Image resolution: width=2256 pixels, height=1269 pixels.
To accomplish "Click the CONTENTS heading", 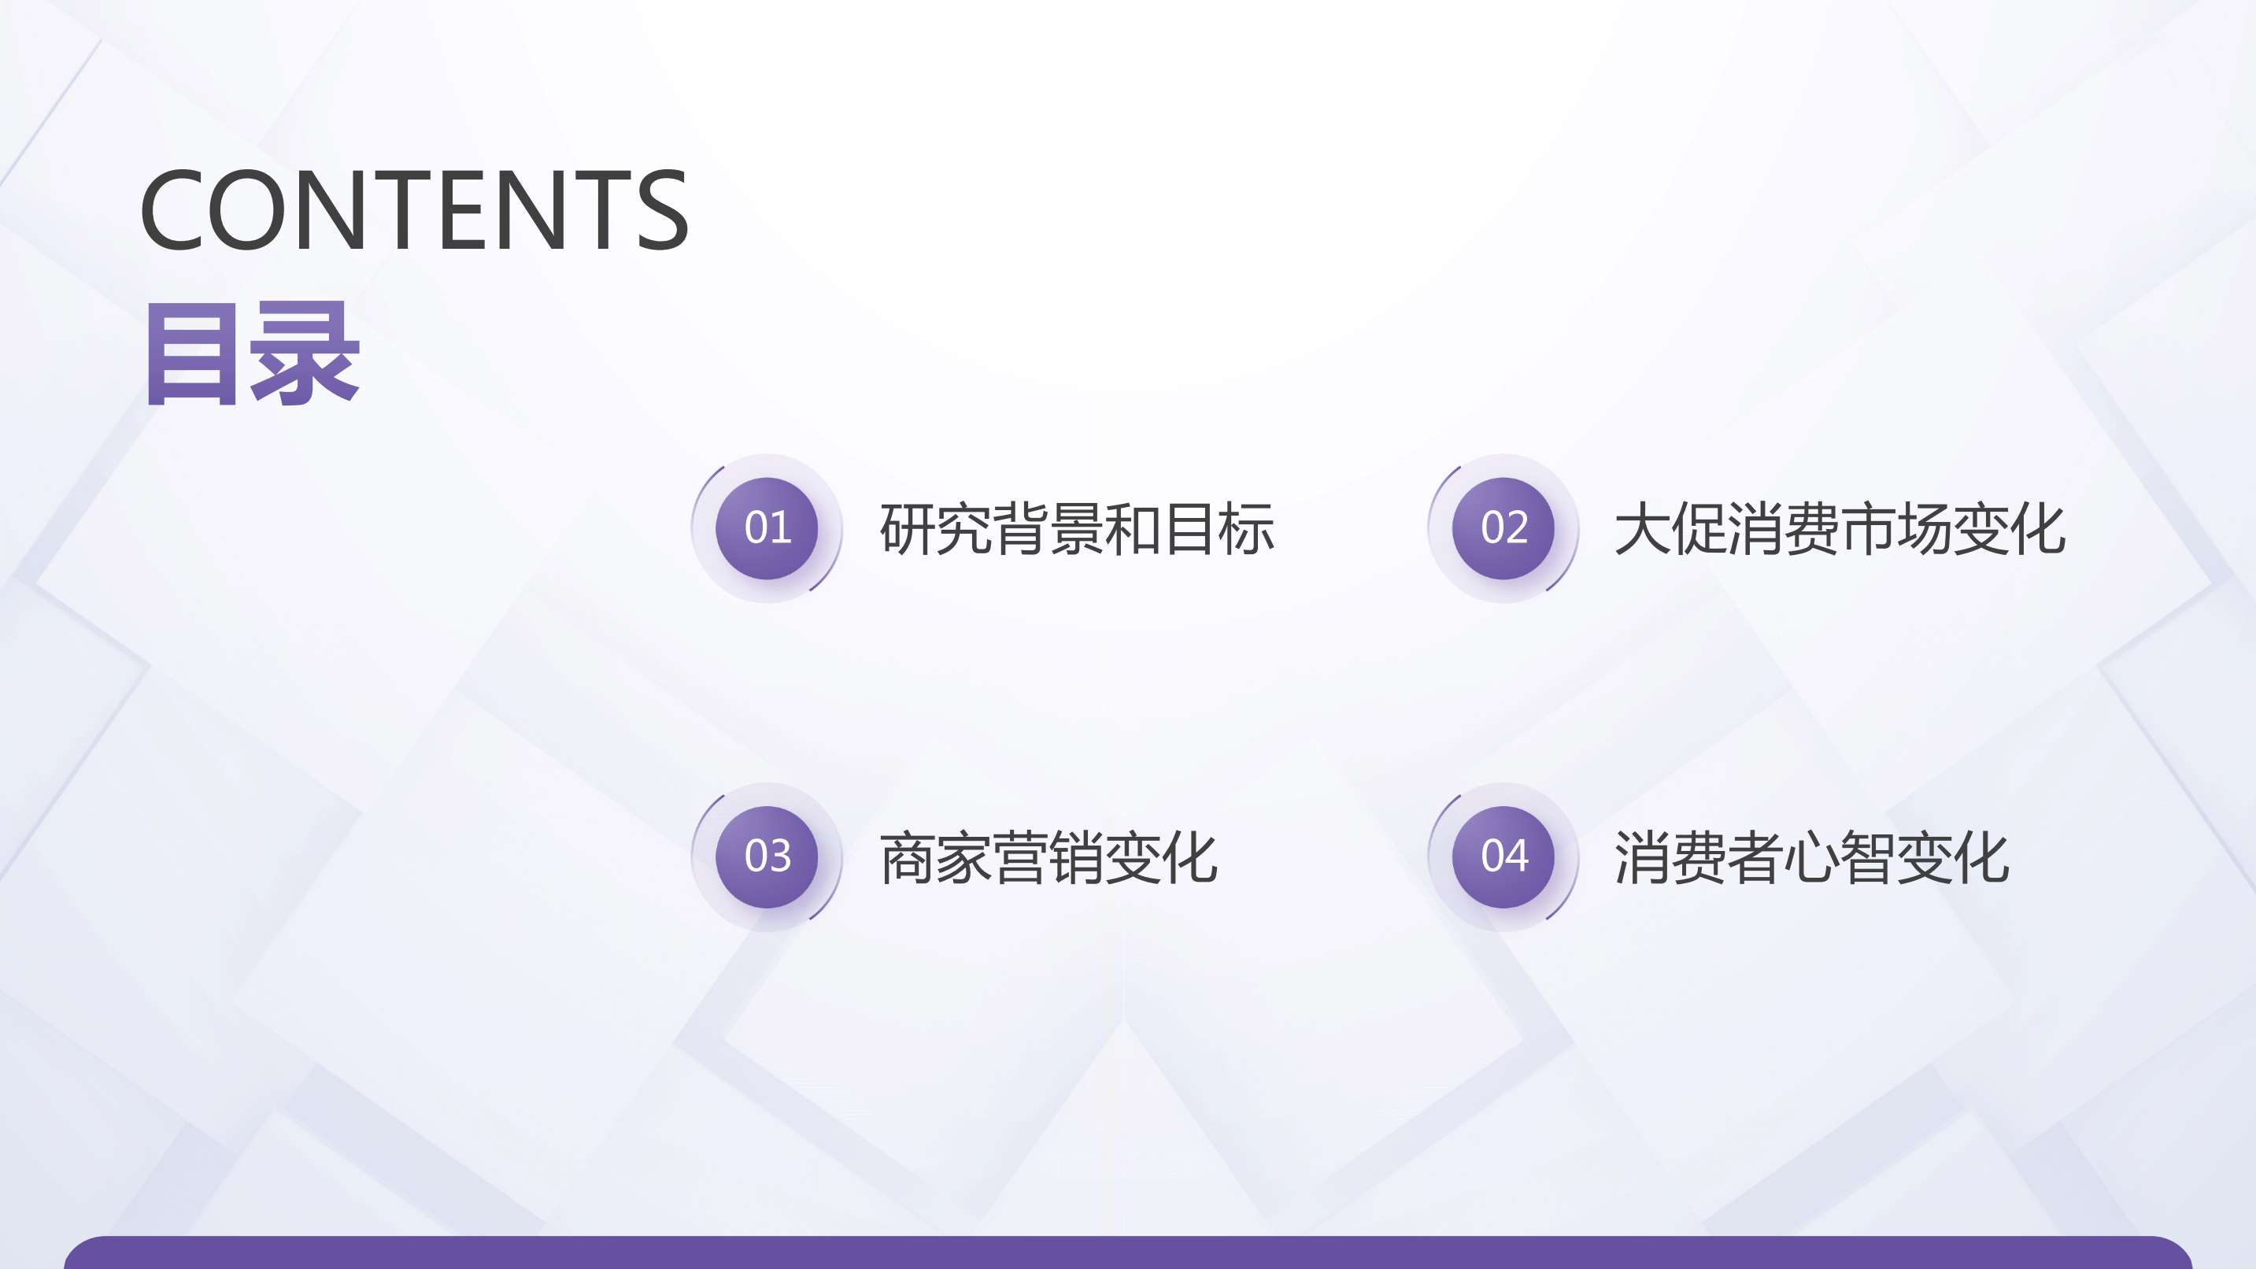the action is (414, 209).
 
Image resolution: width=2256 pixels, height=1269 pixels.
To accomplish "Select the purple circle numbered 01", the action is (767, 528).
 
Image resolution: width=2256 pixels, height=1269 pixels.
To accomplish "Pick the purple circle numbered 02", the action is (1503, 528).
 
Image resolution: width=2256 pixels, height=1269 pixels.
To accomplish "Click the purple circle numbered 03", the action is (767, 856).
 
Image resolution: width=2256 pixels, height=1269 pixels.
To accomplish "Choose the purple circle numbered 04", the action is (1503, 856).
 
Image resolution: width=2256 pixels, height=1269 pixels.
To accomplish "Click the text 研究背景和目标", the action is (1077, 529).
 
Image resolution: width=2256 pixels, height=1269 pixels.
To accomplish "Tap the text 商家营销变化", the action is (1048, 857).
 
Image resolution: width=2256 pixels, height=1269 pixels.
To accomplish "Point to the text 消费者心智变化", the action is (1812, 857).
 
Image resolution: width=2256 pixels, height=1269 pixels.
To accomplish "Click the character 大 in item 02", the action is (1642, 529).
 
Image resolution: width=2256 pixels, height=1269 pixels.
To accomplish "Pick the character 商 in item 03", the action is (908, 857).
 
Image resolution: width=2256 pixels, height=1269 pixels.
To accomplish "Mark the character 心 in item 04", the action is (1812, 857).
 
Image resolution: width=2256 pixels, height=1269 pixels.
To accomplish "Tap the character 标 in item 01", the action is (1247, 529).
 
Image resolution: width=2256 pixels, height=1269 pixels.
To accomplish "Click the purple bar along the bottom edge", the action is (1128, 1252).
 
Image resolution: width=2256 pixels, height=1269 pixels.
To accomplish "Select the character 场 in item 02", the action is (1925, 529).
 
